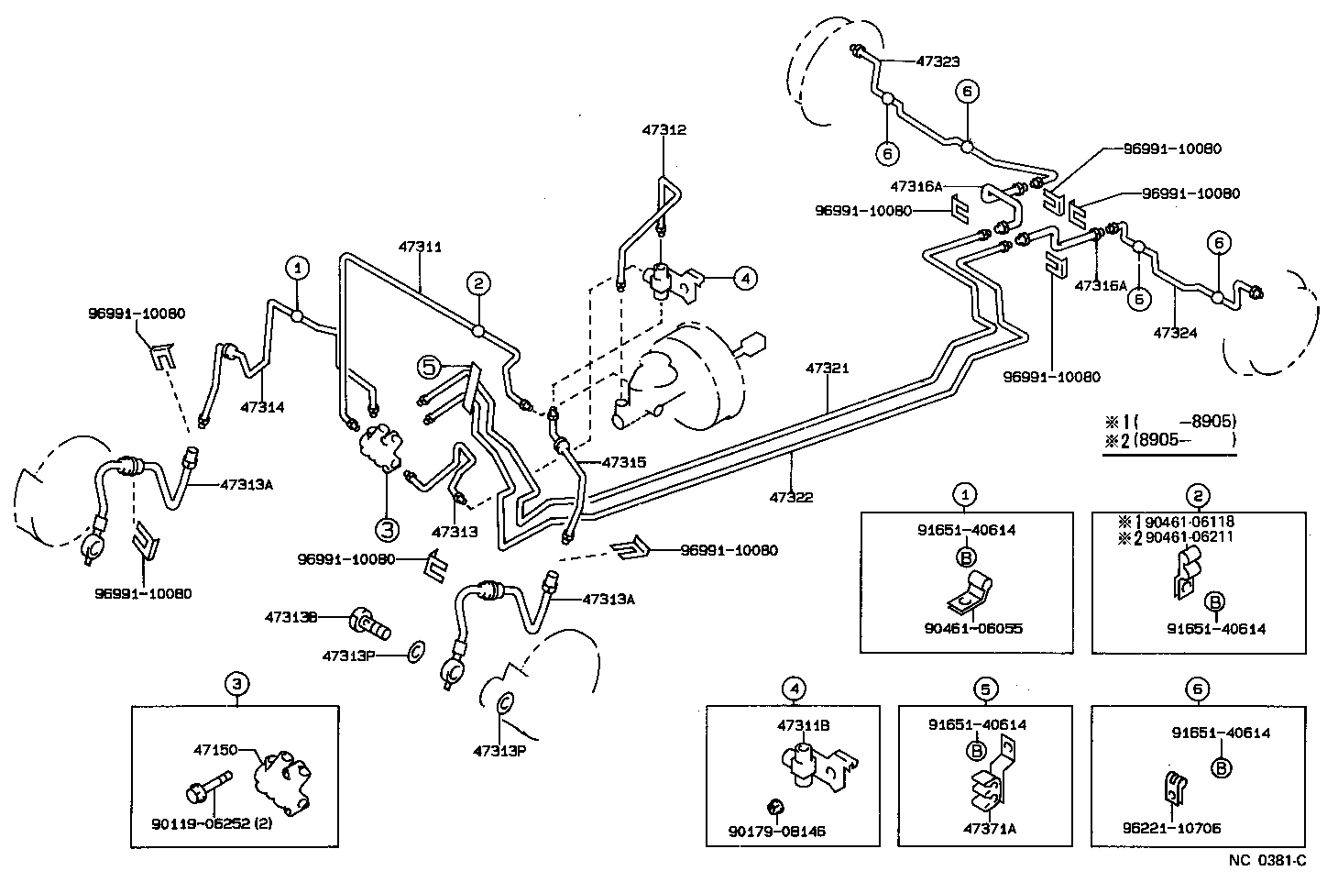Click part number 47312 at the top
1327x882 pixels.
click(x=663, y=130)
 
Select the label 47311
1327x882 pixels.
click(x=420, y=247)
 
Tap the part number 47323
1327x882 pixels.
click(x=938, y=62)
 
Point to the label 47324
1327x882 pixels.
click(x=1176, y=332)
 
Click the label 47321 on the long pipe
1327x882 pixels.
click(x=828, y=369)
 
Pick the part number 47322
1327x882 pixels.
click(x=791, y=497)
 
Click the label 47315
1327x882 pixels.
click(x=624, y=463)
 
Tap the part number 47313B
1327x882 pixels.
click(x=291, y=617)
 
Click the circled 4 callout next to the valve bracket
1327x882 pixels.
click(x=745, y=278)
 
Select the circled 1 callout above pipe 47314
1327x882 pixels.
click(x=298, y=268)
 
